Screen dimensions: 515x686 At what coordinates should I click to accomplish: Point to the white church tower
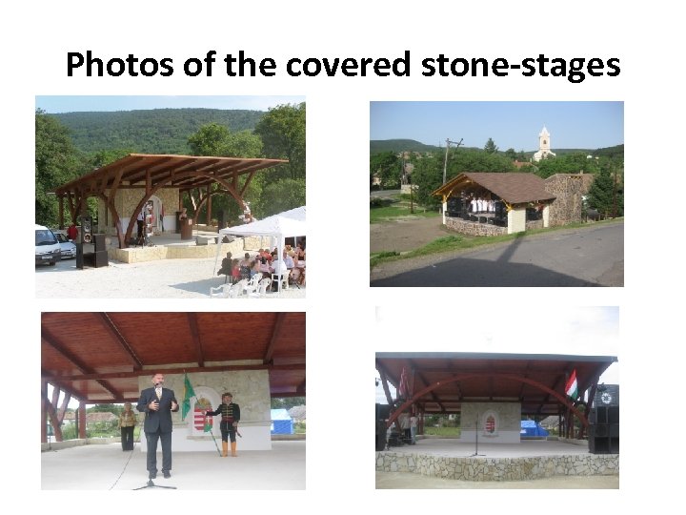(544, 142)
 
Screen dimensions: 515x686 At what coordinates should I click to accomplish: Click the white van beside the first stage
(47, 246)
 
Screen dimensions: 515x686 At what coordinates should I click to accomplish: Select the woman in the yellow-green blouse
(128, 425)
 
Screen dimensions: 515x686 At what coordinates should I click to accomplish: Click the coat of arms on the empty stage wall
(490, 422)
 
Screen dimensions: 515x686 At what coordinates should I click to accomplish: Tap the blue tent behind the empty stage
(534, 428)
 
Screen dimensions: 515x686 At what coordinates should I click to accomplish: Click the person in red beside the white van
(72, 233)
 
